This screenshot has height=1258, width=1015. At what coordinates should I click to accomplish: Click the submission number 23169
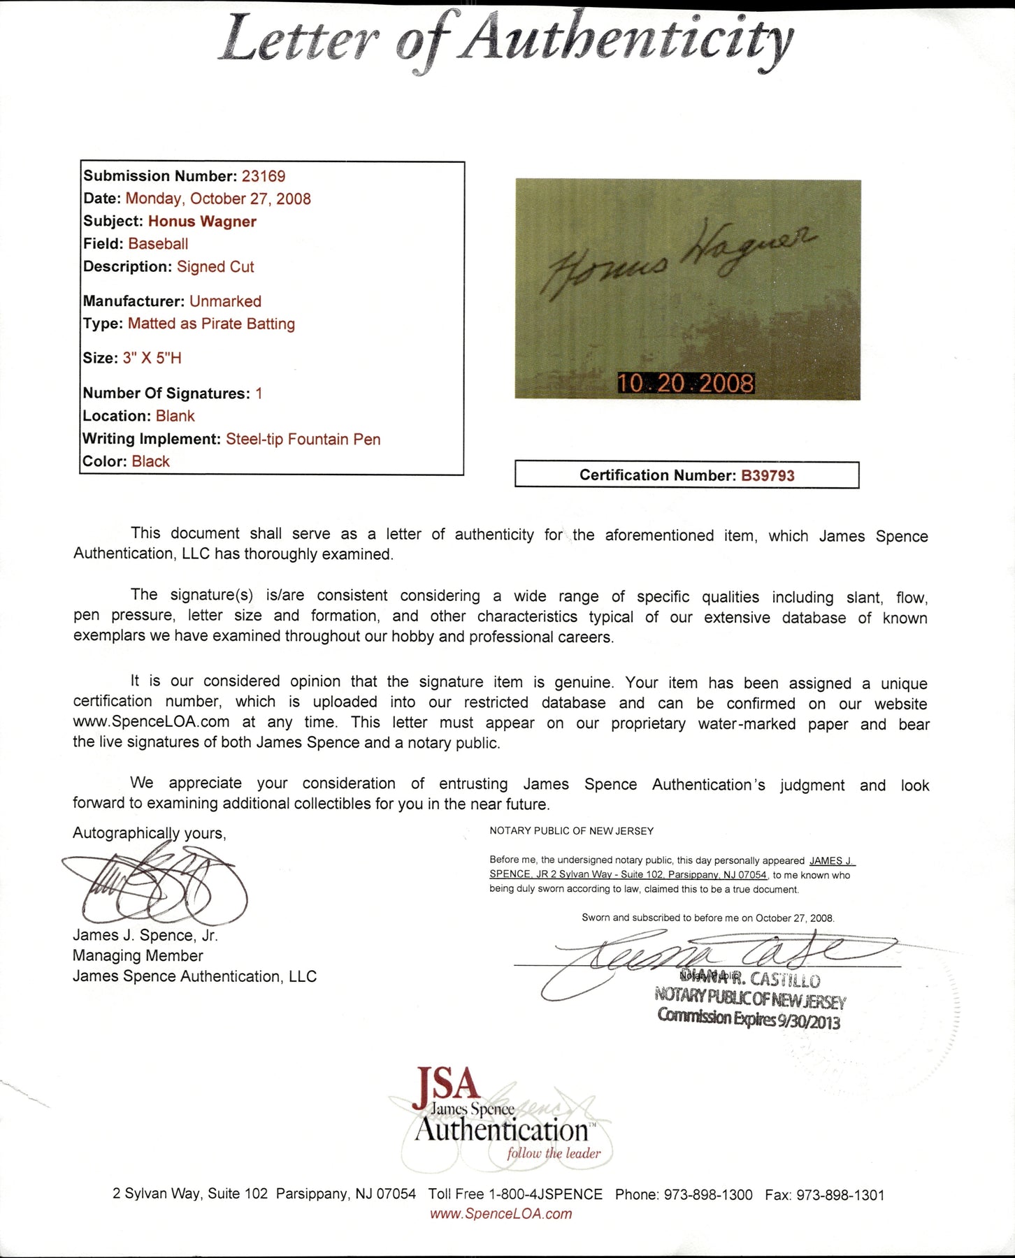[x=264, y=176]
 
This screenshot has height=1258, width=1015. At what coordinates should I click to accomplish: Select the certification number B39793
[x=768, y=476]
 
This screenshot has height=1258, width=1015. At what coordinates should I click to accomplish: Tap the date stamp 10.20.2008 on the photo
[x=685, y=383]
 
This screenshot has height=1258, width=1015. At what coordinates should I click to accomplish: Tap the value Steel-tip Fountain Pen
[x=303, y=440]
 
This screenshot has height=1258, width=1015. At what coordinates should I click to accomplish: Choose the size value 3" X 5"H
[x=152, y=359]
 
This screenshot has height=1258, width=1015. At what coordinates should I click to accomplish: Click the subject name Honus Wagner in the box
[x=202, y=222]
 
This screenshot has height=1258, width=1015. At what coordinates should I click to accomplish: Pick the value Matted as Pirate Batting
[x=211, y=324]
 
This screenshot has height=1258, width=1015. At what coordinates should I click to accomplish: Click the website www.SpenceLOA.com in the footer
[x=501, y=1214]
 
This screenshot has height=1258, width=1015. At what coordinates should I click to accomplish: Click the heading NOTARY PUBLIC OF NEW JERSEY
[x=571, y=831]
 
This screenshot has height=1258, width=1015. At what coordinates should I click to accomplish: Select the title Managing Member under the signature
[x=138, y=955]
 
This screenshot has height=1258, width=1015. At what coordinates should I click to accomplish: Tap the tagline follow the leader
[x=554, y=1153]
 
